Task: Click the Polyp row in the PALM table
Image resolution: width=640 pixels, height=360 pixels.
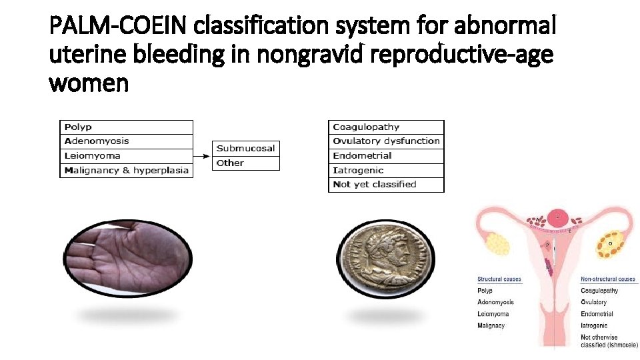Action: click(127, 127)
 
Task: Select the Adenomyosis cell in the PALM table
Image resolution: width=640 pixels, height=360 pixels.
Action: click(127, 141)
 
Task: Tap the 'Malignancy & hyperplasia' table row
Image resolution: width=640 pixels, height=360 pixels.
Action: click(127, 170)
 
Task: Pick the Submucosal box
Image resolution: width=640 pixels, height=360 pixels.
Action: click(246, 148)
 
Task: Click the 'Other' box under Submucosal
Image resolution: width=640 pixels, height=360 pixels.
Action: click(246, 163)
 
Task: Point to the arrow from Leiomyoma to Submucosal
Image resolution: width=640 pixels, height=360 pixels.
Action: click(203, 156)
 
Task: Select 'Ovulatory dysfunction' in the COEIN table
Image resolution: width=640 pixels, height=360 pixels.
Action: click(386, 141)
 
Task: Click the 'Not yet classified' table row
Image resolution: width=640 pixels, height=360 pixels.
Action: click(386, 185)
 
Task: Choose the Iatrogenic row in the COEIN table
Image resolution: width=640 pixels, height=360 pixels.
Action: click(386, 170)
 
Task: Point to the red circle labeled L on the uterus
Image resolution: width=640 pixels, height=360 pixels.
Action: click(557, 217)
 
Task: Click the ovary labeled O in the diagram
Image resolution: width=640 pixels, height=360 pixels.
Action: click(611, 243)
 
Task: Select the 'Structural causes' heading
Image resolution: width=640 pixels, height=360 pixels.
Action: click(499, 279)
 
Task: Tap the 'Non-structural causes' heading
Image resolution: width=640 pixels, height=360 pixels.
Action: click(608, 279)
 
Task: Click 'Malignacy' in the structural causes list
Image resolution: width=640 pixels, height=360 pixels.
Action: click(491, 325)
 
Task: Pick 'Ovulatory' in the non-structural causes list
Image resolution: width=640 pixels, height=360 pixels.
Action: click(594, 302)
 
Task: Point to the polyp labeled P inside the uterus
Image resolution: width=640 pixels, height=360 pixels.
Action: click(547, 245)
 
